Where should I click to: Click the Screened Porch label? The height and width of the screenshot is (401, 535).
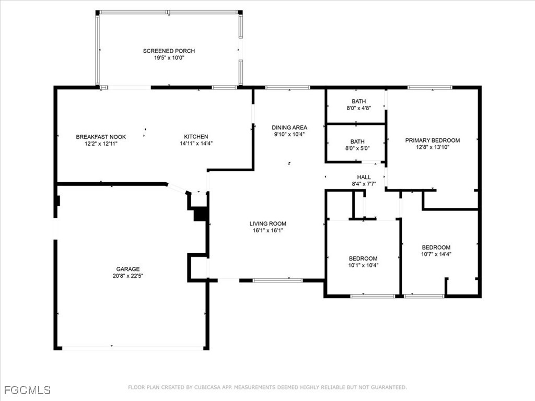(x=169, y=51)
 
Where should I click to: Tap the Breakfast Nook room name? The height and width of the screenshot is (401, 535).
(x=101, y=137)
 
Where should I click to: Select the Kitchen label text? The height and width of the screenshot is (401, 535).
(x=196, y=137)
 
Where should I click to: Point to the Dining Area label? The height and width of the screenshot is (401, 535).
(x=289, y=127)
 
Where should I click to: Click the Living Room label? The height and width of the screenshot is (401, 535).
(x=267, y=223)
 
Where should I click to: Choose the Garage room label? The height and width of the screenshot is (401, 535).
(x=127, y=269)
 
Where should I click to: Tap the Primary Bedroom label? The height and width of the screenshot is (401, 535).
(x=433, y=140)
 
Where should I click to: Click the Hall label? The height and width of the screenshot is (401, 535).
(x=364, y=177)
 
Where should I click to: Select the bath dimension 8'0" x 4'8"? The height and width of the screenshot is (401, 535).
(x=358, y=108)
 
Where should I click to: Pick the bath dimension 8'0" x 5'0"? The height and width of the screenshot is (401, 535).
(x=358, y=148)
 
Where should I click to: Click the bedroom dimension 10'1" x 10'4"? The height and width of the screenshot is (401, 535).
(x=363, y=265)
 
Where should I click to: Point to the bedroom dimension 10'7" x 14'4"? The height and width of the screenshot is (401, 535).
(x=436, y=254)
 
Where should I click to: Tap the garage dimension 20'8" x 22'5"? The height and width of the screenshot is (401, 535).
(x=127, y=276)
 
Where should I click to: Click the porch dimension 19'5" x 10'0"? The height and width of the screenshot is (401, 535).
(x=169, y=57)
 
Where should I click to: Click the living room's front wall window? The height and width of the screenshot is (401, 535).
(x=277, y=280)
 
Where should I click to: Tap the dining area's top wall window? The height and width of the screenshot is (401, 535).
(x=287, y=87)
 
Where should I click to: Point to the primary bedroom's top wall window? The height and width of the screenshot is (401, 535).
(x=429, y=87)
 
